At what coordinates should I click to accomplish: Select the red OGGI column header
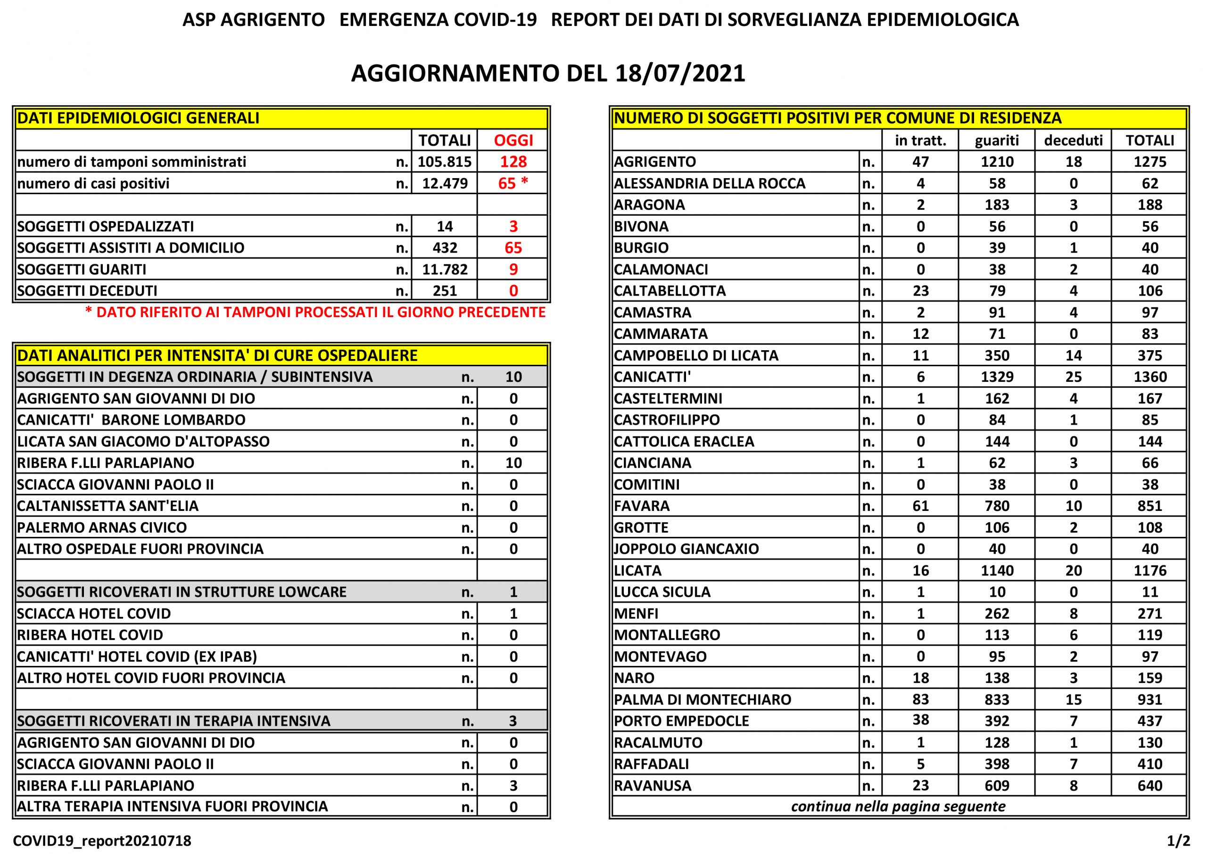coord(513,140)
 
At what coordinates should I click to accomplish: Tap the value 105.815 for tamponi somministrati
coord(445,162)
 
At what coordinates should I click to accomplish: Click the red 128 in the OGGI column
coord(513,162)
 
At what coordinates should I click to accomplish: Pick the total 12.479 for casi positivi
coord(445,183)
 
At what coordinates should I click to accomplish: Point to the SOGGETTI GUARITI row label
coord(82,270)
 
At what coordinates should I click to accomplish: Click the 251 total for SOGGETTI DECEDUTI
coord(445,291)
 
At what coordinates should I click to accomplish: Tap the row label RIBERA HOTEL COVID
coord(90,635)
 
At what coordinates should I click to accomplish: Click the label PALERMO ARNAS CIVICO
coord(102,527)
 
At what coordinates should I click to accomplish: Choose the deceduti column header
coord(1073,140)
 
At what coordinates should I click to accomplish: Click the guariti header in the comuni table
coord(997,140)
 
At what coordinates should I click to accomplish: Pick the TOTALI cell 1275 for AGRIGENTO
coord(1149,162)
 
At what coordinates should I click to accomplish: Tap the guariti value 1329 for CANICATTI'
coord(997,377)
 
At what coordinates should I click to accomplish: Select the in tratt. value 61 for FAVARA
coord(920,506)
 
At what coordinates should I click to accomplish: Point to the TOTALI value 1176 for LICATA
coord(1149,571)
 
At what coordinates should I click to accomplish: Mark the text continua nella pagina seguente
coord(898,807)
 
